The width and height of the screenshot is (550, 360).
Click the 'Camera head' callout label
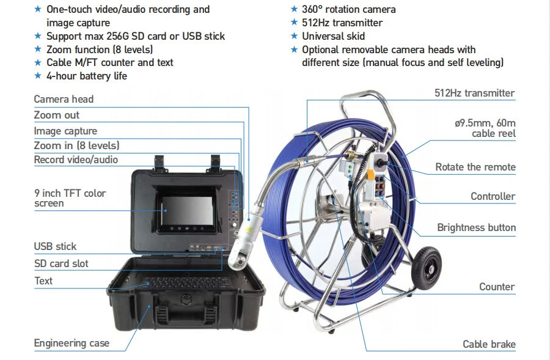64,99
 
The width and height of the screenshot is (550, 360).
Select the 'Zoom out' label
57,115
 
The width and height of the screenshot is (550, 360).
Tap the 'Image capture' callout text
65,131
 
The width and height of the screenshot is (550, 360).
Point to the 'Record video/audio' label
76,160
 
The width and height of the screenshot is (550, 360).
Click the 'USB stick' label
55,246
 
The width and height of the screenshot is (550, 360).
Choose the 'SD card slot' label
61,263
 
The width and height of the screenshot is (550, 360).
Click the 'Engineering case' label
71,343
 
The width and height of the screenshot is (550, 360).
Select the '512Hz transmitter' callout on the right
474,93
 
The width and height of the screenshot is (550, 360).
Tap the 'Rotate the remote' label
475,167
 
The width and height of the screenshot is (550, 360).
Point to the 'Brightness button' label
476,227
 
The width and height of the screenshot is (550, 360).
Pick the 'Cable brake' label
489,344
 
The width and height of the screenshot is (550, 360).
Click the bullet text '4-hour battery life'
87,76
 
